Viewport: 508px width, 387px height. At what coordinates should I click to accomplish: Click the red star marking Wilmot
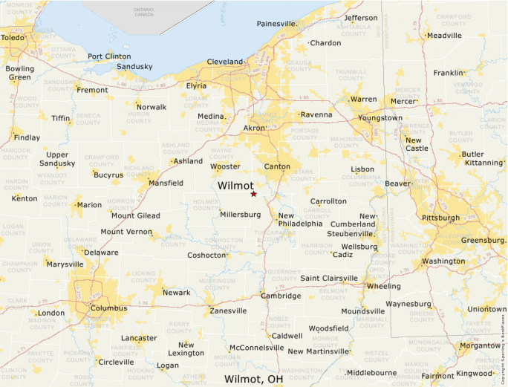pos(253,194)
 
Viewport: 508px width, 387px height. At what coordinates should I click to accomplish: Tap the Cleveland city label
pos(225,62)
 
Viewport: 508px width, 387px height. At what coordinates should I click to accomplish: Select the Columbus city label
pos(108,308)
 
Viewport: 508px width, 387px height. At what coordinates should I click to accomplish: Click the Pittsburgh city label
pos(440,218)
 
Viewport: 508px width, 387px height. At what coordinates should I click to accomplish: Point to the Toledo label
pos(12,37)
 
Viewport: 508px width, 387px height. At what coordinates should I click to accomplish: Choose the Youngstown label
pos(380,118)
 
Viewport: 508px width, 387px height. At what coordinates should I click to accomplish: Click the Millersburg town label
pos(241,215)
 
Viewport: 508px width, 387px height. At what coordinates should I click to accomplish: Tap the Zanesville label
pos(228,310)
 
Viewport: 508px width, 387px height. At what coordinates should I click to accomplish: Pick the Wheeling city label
pos(383,286)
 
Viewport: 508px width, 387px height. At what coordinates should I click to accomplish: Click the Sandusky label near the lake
pos(134,66)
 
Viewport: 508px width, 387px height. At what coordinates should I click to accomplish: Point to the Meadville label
pos(444,36)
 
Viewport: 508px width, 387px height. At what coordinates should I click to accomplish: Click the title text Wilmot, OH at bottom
pos(253,379)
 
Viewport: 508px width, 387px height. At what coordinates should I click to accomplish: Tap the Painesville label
pos(277,24)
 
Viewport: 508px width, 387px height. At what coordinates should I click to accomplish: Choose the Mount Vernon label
pos(126,232)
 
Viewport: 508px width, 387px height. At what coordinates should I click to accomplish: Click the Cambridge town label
pos(281,296)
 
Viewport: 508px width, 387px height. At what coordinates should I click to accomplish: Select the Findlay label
pos(27,137)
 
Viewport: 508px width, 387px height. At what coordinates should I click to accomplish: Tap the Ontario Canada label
pos(144,11)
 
